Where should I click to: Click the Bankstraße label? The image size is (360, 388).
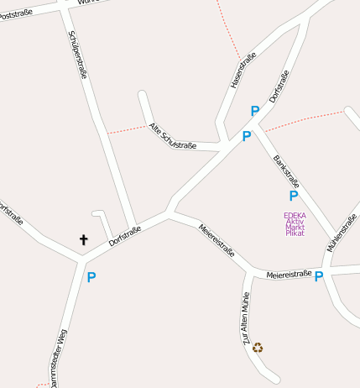(286, 170)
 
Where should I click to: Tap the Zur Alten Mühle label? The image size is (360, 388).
(246, 321)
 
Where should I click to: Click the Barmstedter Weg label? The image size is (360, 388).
(58, 359)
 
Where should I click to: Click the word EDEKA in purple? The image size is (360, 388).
(295, 214)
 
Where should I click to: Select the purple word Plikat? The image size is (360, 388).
(295, 233)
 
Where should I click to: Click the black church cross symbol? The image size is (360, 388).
(83, 239)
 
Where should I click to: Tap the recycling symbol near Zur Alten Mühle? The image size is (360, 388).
(258, 347)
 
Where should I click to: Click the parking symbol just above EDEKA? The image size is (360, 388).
(293, 196)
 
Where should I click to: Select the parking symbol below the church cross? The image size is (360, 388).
(91, 277)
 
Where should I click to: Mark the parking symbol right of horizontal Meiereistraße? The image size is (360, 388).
(319, 276)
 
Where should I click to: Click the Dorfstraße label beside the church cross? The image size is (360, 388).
(124, 236)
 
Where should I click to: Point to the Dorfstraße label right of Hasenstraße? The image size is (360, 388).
(279, 87)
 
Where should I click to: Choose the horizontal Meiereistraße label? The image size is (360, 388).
(289, 274)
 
